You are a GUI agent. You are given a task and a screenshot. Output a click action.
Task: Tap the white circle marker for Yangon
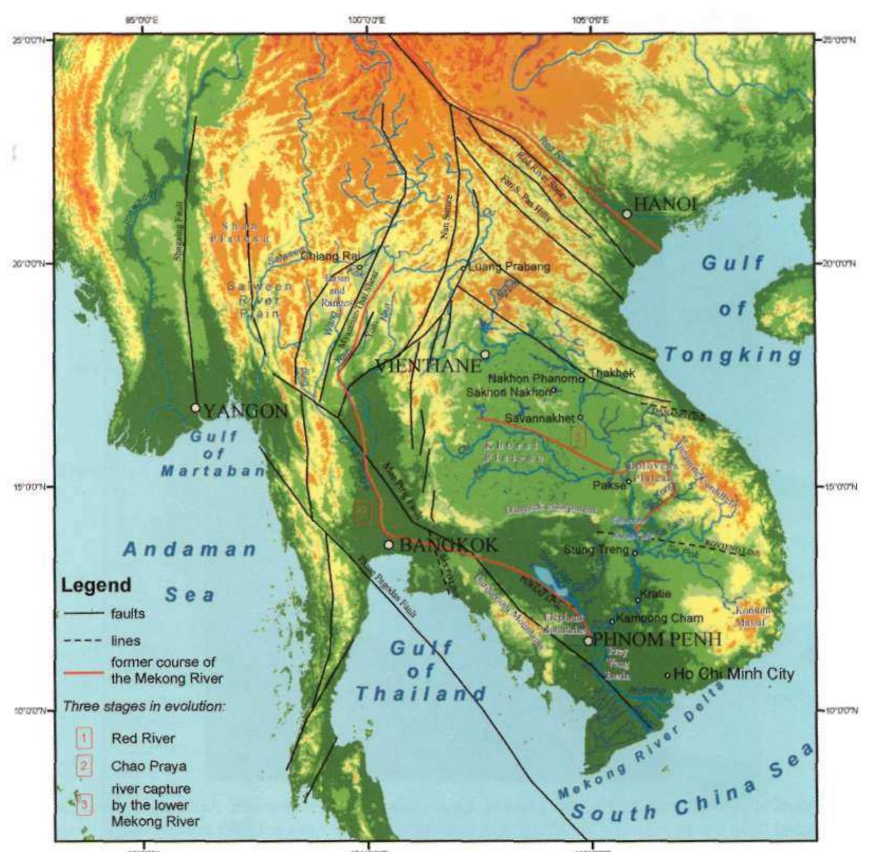coord(195,408)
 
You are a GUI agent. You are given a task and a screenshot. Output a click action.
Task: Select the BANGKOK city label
coord(448,545)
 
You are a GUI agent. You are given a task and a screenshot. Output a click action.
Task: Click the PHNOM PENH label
coord(657,640)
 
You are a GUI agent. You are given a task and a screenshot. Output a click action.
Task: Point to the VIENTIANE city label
coord(428,365)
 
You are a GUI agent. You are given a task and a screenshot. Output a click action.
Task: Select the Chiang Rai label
coord(330,256)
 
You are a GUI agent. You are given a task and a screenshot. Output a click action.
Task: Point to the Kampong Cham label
coord(659,617)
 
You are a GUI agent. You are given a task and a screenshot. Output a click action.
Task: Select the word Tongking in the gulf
coord(733,355)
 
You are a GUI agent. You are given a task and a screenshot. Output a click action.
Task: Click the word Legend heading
coord(96,585)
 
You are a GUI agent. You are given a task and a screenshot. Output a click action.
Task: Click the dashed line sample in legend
coord(83,641)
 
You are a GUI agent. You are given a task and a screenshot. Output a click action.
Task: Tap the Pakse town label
coord(609,485)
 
